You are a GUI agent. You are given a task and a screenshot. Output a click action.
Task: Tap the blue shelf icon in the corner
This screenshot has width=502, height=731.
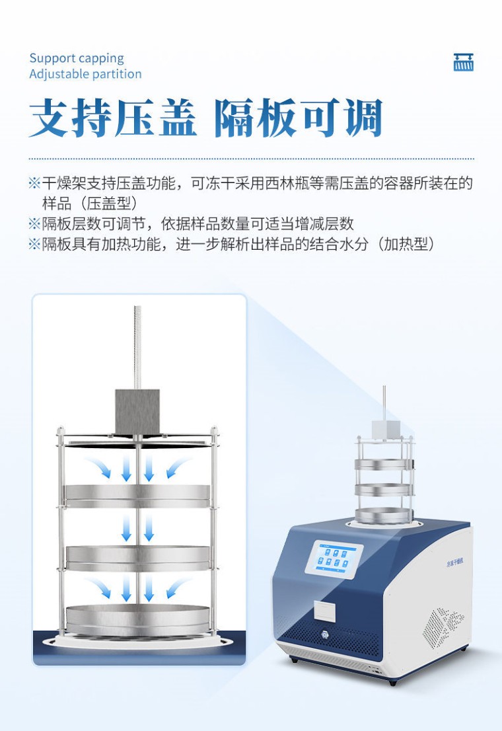tap(463, 62)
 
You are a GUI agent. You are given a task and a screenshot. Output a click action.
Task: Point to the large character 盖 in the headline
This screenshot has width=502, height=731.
tap(178, 118)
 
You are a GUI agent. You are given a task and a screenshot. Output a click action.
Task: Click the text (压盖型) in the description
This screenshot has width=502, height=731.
tap(110, 204)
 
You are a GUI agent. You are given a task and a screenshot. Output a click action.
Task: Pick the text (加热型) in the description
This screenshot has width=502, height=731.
tap(406, 244)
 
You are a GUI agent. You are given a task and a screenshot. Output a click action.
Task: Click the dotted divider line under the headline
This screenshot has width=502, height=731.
tap(251, 159)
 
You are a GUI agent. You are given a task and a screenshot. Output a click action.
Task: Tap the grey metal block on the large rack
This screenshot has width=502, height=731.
tap(137, 412)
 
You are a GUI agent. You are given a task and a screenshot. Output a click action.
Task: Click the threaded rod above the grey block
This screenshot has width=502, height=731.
tap(137, 347)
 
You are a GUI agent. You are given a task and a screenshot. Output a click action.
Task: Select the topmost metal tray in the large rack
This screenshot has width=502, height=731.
tap(137, 496)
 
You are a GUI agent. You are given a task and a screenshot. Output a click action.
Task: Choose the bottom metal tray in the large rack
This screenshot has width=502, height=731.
tap(137, 620)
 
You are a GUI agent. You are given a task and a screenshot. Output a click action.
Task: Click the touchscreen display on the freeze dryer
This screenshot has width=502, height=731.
tap(334, 559)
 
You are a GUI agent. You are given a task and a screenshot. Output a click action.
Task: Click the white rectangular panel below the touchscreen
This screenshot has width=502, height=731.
tap(325, 611)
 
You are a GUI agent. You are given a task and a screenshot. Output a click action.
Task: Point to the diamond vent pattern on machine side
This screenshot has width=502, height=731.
tap(443, 627)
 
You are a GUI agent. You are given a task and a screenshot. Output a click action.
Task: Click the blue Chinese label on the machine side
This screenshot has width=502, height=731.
tap(454, 563)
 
